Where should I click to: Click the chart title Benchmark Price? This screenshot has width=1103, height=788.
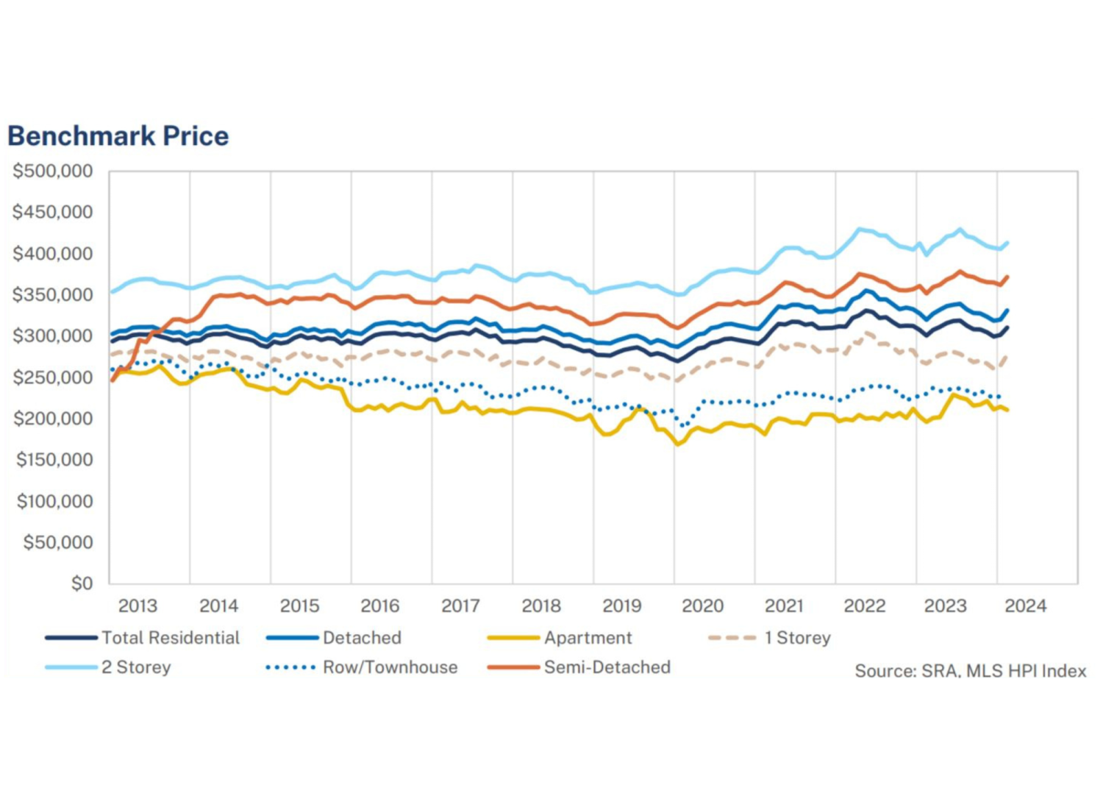[x=118, y=136]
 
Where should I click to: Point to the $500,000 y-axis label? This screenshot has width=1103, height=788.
[x=53, y=171]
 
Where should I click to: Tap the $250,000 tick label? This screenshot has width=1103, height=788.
[x=53, y=377]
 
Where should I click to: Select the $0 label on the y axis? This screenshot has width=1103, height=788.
[x=82, y=583]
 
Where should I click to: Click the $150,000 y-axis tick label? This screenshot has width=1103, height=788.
[x=54, y=460]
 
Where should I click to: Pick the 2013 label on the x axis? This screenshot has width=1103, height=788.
[x=138, y=606]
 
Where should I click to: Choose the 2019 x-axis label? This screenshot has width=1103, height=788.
[x=622, y=606]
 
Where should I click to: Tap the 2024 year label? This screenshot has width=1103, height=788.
[x=1026, y=606]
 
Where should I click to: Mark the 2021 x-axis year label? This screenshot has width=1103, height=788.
[x=783, y=606]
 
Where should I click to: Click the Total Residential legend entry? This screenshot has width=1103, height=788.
[x=143, y=638]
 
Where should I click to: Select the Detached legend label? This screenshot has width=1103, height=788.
[x=334, y=638]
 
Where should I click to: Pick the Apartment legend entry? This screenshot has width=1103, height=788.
[x=560, y=638]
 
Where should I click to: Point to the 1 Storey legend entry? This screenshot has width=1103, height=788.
[x=769, y=638]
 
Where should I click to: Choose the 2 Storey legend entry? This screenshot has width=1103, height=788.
[x=108, y=667]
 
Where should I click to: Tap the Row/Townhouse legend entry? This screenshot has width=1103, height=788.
[x=362, y=667]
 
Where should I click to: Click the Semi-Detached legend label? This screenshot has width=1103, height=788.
[x=579, y=667]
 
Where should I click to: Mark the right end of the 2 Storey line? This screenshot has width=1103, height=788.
[x=1007, y=243]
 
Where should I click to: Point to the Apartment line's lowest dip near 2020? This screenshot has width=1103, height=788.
[x=677, y=444]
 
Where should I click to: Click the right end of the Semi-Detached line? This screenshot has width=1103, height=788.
[x=1007, y=277]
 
